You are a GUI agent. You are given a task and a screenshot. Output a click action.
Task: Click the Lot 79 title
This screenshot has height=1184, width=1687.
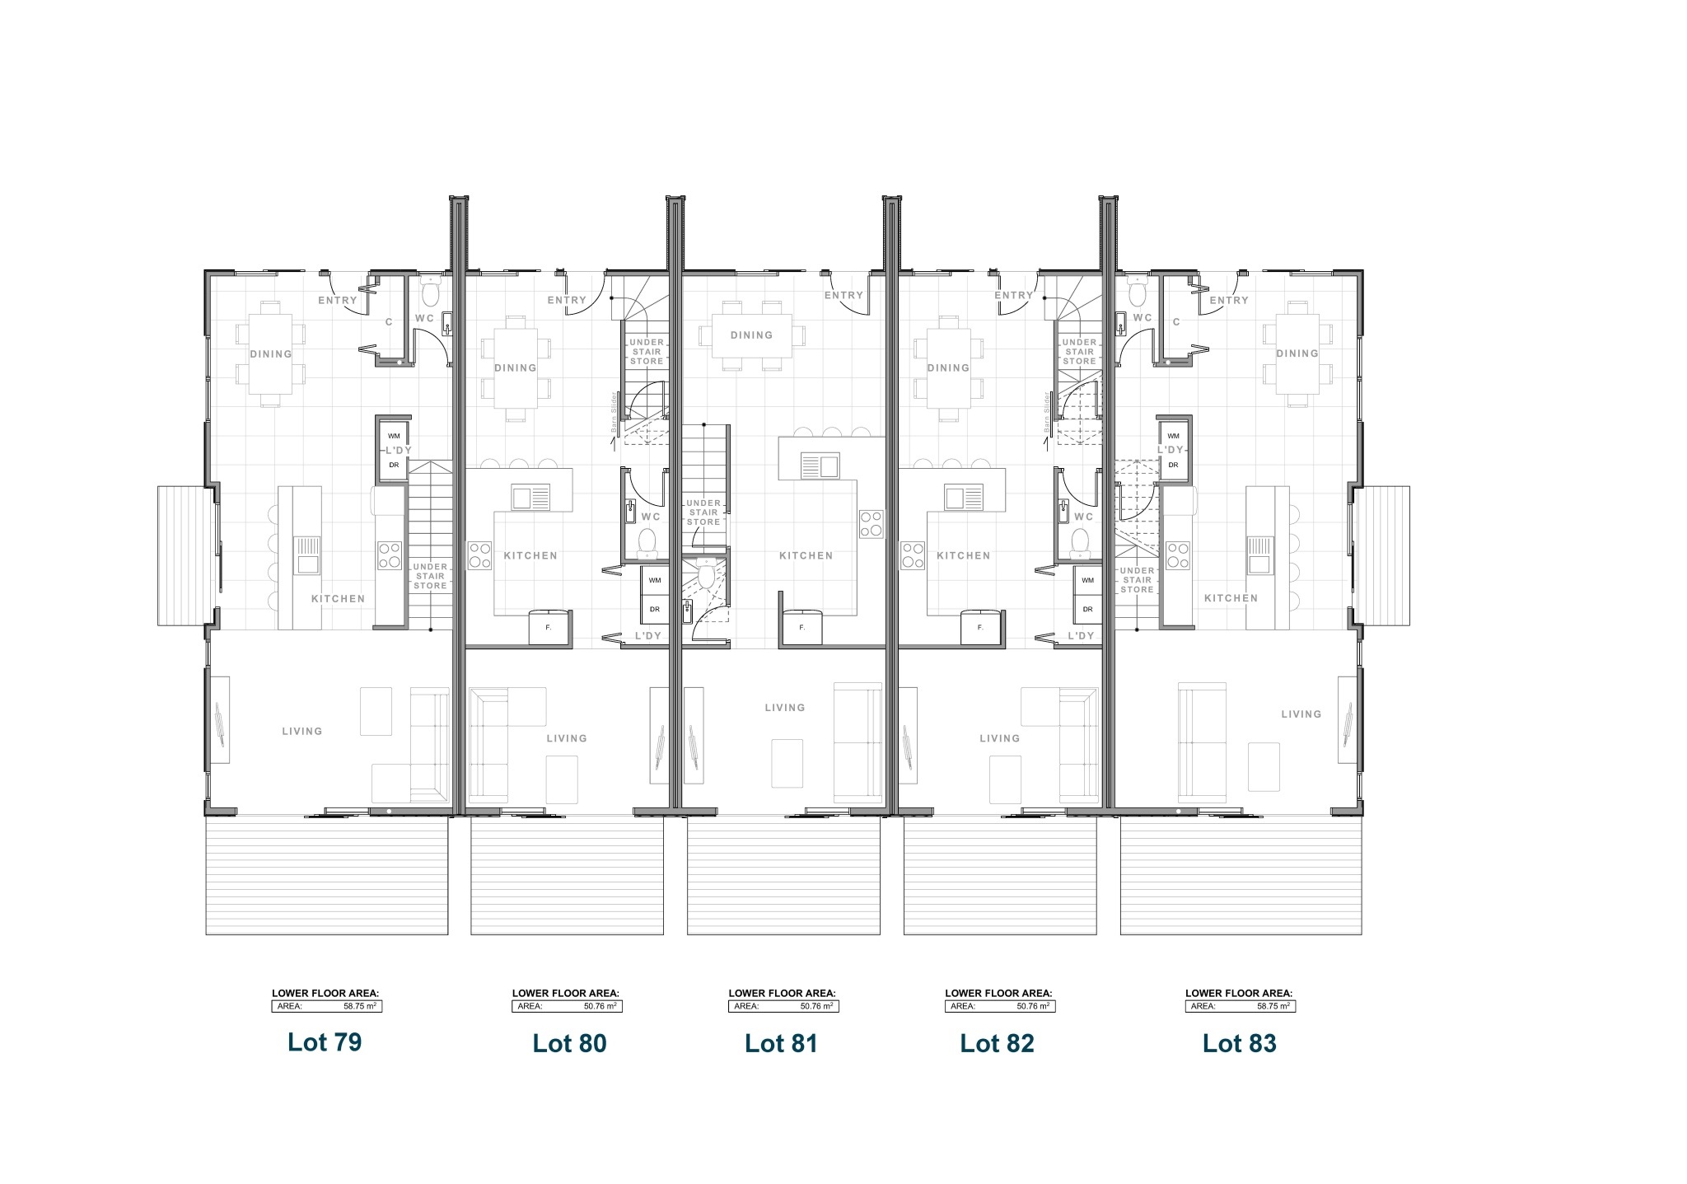325,1042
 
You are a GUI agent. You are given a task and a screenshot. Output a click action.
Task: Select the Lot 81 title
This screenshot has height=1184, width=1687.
781,1044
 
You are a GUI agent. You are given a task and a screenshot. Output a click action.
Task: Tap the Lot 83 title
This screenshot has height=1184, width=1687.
1239,1044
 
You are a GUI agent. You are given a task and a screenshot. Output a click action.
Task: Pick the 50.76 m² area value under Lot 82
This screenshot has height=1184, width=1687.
1032,1006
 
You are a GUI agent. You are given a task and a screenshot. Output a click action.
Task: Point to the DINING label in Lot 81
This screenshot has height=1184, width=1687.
751,335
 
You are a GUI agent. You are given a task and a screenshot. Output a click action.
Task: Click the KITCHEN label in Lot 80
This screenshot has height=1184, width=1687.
530,556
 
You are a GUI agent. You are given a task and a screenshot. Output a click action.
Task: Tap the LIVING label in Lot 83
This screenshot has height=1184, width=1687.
1301,714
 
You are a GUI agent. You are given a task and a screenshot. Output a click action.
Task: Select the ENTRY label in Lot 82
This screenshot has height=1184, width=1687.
1013,296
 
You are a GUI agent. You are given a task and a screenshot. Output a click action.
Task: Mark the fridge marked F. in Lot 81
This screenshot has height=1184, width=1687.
801,627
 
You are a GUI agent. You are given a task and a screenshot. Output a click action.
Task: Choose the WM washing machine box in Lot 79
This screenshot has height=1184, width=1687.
394,436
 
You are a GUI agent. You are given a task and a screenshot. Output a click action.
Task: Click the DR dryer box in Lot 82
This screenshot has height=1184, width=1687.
1087,610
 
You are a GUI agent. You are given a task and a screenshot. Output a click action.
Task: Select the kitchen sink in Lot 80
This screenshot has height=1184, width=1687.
531,498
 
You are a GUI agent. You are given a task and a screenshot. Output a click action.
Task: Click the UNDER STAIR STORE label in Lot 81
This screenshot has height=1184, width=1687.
703,512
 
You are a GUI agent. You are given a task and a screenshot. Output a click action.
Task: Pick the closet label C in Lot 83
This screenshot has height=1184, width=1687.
1176,322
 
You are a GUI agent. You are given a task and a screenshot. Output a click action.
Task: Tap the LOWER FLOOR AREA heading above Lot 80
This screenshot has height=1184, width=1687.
565,994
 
